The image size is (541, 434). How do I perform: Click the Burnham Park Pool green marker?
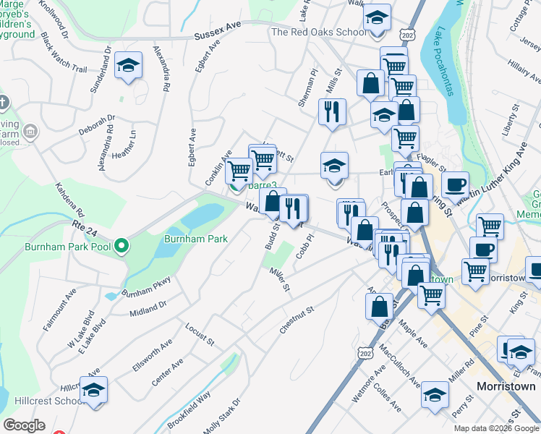point(122,247)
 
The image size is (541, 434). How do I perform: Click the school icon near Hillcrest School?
point(93,391)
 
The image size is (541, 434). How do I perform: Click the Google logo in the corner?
point(24,425)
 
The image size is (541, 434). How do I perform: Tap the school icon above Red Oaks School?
point(376,17)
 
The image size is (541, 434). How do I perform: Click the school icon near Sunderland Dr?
point(128,65)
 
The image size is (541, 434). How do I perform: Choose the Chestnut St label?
point(297,320)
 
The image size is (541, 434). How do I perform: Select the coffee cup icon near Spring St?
point(455,185)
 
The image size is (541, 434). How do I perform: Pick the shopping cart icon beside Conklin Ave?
point(239,171)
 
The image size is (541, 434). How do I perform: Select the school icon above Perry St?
point(435,395)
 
